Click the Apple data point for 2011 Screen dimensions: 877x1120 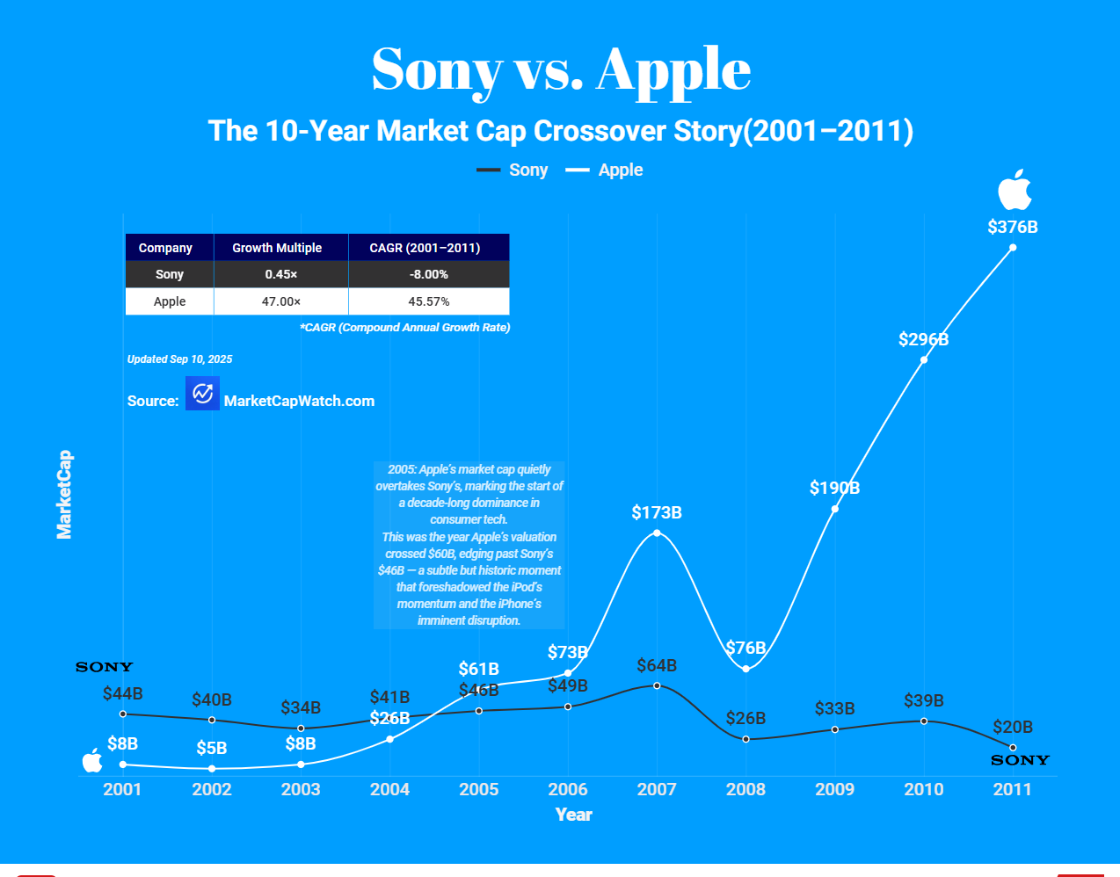click(1013, 248)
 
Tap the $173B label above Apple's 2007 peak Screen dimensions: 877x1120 click(657, 512)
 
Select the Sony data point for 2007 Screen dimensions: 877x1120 click(657, 685)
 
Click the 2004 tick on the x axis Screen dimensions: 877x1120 click(389, 789)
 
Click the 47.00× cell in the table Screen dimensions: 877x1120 click(281, 301)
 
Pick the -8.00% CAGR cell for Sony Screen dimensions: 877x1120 click(428, 274)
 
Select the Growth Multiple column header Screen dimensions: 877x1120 click(277, 248)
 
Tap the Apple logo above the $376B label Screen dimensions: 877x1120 click(1014, 190)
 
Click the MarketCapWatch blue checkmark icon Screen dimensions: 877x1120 click(202, 394)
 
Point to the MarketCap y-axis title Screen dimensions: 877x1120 click(64, 495)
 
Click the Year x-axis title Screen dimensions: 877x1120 click(573, 815)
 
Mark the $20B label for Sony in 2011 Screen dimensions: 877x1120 click(1013, 727)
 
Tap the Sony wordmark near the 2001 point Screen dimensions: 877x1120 click(104, 667)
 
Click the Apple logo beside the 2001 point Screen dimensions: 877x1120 click(92, 760)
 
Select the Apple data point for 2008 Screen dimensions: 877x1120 click(745, 669)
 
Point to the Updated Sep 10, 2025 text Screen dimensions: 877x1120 click(179, 359)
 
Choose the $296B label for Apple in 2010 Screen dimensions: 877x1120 click(923, 339)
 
